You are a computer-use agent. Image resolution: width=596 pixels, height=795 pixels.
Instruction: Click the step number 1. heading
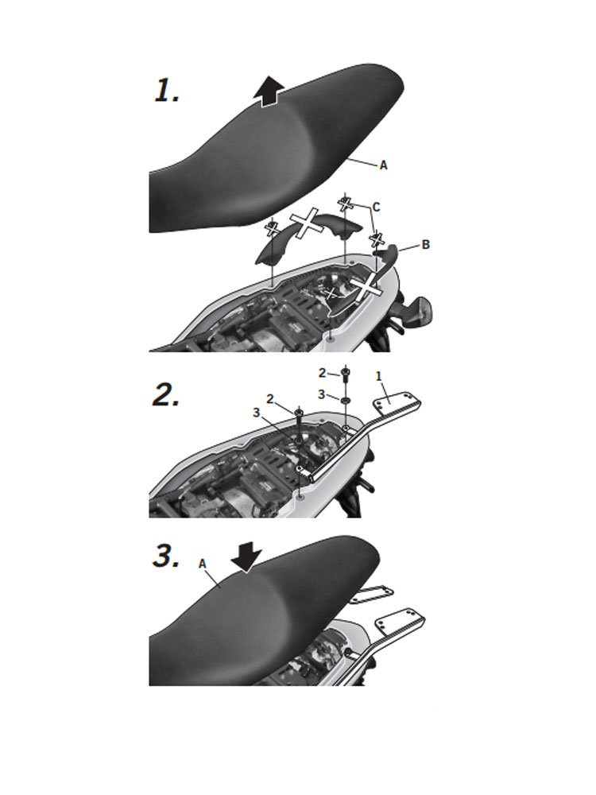167,91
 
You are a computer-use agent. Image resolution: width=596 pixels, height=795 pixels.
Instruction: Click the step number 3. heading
166,556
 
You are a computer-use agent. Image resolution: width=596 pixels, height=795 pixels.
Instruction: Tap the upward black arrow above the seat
269,91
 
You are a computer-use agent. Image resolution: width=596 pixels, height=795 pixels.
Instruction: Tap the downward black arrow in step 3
246,559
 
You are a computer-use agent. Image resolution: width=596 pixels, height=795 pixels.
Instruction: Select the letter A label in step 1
384,165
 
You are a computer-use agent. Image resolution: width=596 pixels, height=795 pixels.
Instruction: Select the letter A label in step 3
203,564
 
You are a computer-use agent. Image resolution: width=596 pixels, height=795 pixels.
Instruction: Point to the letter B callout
426,244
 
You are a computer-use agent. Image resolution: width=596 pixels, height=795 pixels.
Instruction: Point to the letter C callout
376,207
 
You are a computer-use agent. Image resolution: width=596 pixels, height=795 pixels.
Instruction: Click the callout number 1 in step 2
378,376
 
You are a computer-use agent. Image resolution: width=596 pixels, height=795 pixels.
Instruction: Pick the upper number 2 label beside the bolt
323,373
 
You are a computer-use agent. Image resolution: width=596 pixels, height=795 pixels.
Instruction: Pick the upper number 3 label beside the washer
321,394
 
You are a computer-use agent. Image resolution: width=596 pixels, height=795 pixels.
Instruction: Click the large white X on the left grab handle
307,223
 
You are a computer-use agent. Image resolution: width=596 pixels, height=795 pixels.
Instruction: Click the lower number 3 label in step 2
257,413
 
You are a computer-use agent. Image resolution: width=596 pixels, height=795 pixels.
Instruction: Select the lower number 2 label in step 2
270,400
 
